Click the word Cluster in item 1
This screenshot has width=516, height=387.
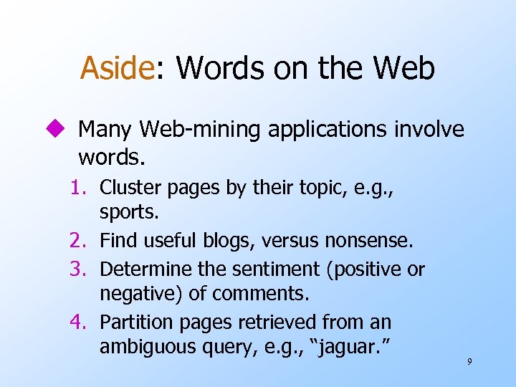(123, 187)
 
